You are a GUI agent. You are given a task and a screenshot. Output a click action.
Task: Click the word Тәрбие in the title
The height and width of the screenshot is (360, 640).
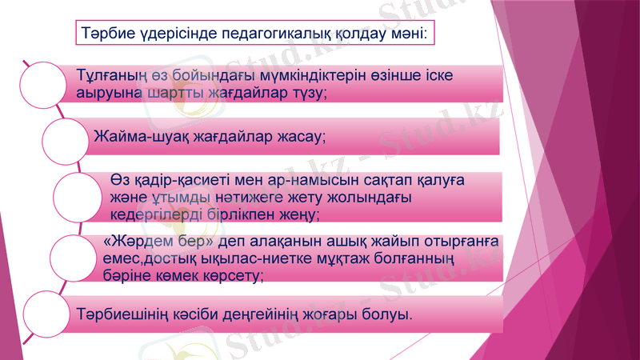click(106, 35)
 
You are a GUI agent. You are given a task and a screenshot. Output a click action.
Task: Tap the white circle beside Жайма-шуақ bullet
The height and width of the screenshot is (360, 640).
click(65, 138)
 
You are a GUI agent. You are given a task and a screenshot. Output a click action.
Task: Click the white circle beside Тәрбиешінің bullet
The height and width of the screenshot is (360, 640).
click(42, 313)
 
